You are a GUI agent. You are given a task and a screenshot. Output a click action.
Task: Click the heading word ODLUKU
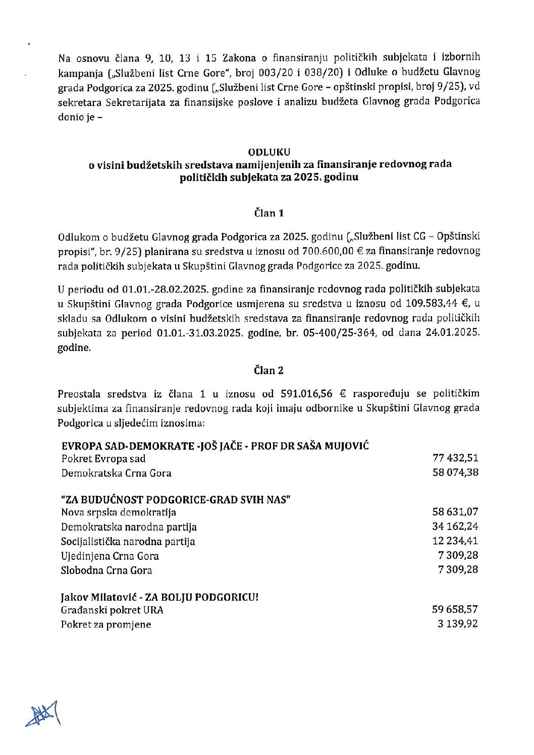[x=269, y=151]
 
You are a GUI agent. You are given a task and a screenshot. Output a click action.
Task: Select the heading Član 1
[x=269, y=213]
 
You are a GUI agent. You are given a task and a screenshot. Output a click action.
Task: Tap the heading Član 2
[x=269, y=371]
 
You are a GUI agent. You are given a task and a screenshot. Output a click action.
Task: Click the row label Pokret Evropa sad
[x=103, y=459]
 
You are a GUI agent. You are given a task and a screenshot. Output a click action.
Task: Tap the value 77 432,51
[x=455, y=458]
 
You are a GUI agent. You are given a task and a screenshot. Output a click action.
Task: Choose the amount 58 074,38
[x=455, y=473]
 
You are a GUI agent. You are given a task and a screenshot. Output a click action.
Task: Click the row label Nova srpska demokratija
[x=119, y=512]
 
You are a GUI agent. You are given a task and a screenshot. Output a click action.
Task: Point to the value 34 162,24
[x=455, y=527]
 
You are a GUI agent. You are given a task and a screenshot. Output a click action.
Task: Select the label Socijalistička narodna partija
[x=128, y=542]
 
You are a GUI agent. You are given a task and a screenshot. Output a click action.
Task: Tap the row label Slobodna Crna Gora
[x=106, y=570]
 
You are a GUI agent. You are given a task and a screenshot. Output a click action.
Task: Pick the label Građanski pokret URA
[x=112, y=610]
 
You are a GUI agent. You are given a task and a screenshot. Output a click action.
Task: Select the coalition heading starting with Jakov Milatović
[x=159, y=597]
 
